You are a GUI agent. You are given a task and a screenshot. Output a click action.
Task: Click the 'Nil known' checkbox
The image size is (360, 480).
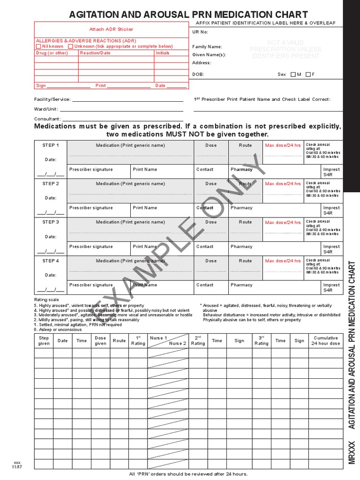tap(38, 46)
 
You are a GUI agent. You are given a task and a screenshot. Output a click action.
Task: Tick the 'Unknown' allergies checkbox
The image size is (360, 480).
tap(70, 46)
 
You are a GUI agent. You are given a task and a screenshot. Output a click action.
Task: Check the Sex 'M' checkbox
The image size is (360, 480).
tap(293, 75)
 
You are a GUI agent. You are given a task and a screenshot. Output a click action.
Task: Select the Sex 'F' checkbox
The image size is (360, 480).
tap(308, 75)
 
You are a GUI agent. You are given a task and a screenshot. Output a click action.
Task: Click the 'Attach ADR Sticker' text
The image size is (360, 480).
tap(111, 30)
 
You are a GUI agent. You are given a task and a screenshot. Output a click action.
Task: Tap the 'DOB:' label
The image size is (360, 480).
tap(198, 75)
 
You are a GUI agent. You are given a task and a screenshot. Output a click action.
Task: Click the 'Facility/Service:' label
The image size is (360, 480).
tap(52, 99)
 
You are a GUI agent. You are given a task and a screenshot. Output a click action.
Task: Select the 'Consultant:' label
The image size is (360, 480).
tap(47, 119)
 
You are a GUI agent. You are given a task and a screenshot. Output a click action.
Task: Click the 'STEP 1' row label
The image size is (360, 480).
tap(51, 145)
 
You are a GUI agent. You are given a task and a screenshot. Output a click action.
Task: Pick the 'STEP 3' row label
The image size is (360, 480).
tap(51, 222)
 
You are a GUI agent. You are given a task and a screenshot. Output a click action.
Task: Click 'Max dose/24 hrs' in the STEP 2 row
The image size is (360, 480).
tap(283, 184)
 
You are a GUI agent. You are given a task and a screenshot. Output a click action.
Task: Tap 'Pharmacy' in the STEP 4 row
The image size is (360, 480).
tap(241, 285)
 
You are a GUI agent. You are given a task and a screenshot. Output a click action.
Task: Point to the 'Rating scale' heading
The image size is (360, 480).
tap(46, 300)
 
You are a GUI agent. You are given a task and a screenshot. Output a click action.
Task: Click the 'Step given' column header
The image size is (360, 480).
tap(44, 341)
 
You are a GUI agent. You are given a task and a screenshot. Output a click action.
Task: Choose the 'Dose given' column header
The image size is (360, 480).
tap(100, 341)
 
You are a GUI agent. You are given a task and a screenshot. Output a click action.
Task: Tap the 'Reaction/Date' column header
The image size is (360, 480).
tap(95, 53)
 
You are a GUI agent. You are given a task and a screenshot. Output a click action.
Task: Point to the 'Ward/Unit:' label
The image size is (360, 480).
tap(46, 109)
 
